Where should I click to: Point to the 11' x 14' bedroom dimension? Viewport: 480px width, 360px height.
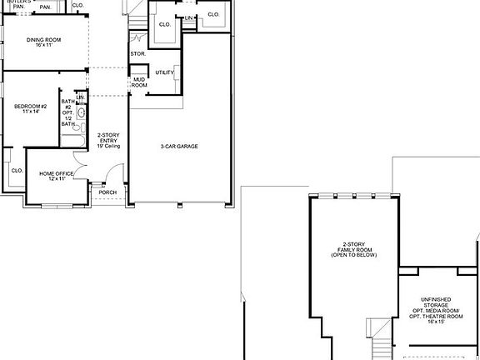point(32,112)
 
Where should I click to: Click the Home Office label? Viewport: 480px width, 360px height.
point(57,173)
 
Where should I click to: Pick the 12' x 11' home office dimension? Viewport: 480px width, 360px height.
point(57,179)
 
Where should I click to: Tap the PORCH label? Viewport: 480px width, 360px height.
point(108,192)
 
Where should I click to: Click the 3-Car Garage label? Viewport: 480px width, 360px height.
point(179,147)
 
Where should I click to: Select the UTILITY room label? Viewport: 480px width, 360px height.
point(164,72)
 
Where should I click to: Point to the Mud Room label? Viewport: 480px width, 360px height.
point(139,82)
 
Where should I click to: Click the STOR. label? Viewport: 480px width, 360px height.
point(138,54)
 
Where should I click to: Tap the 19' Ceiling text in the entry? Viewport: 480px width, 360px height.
point(110,146)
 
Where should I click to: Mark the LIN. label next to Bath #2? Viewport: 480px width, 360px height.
point(81,97)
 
